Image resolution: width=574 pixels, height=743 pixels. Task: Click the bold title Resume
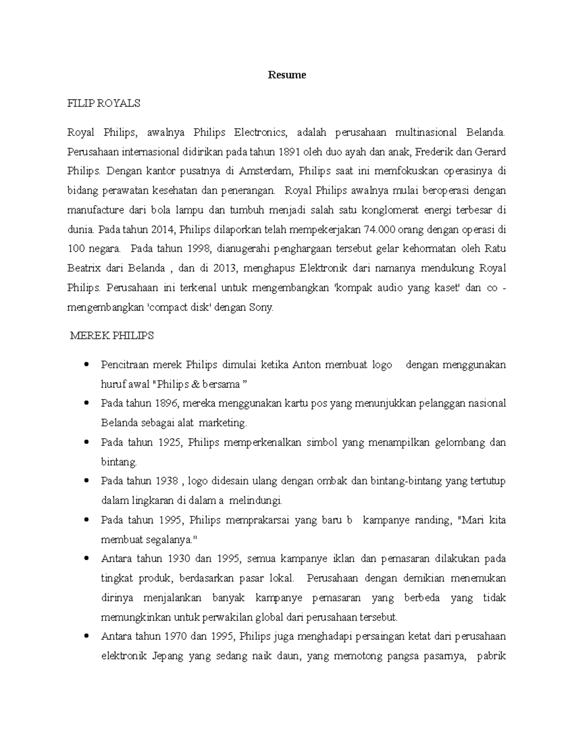tap(287, 75)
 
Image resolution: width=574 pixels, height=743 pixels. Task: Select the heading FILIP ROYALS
tap(104, 103)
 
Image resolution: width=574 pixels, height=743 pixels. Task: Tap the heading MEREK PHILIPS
tap(112, 336)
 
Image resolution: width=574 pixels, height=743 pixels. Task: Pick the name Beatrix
tap(84, 268)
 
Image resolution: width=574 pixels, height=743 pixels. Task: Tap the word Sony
tap(261, 308)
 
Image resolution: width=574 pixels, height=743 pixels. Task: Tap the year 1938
tap(167, 481)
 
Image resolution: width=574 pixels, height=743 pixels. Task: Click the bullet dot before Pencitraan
tap(87, 365)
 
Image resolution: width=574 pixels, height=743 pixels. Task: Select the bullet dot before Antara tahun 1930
tap(87, 559)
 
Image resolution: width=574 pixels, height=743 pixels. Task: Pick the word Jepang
tap(167, 656)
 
